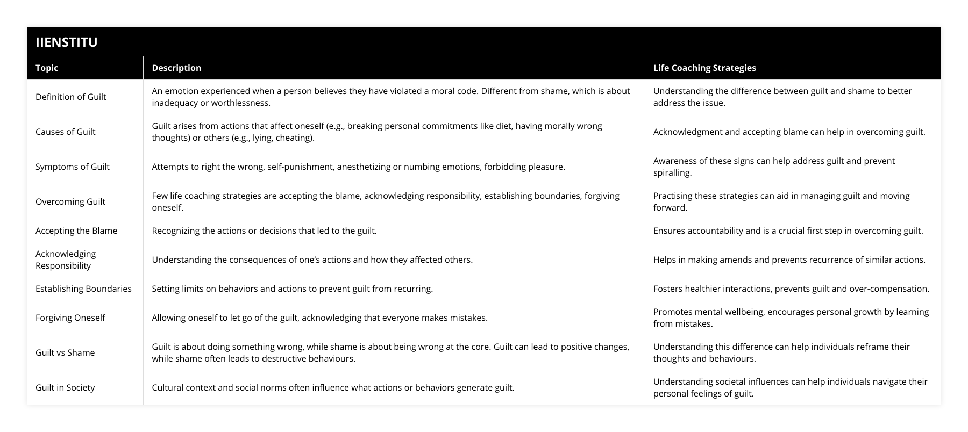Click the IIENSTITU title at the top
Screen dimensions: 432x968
coord(66,42)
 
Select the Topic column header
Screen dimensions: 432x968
coord(47,68)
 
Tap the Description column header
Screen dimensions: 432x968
coord(176,68)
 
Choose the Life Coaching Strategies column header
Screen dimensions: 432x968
coord(704,68)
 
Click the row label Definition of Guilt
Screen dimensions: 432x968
coord(71,97)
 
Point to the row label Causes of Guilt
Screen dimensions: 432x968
coord(65,132)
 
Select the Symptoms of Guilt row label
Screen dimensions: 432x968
coord(73,167)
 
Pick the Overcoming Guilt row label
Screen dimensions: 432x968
coord(70,201)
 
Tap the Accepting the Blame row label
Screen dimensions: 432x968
coord(76,231)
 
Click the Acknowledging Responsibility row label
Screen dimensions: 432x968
coord(66,260)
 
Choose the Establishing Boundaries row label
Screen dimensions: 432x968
coord(83,289)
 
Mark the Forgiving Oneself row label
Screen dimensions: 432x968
coord(70,318)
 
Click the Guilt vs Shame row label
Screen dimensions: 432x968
coord(65,352)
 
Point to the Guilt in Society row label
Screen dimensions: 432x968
coord(65,387)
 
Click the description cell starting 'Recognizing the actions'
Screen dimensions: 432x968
coord(264,231)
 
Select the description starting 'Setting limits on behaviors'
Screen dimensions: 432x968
coord(292,289)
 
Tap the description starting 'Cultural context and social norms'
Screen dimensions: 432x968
coord(333,387)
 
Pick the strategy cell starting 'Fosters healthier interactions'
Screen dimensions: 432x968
coord(791,289)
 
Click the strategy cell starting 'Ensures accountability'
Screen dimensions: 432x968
coord(788,231)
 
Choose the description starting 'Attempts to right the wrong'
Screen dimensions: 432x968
coord(358,167)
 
